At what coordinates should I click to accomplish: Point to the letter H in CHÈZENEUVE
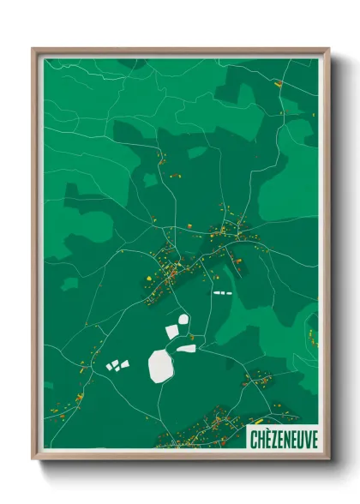coord(261,438)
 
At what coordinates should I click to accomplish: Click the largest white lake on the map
coord(160,365)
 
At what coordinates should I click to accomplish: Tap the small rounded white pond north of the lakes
coord(183,320)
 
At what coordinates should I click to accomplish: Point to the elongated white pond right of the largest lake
coord(186,348)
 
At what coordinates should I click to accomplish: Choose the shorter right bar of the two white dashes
coord(228,293)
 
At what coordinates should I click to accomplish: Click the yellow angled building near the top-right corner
coord(278,84)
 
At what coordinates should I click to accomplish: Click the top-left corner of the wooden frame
coord(33,49)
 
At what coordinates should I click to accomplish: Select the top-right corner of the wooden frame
coord(328,49)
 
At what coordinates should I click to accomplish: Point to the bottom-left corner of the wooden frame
coord(33,459)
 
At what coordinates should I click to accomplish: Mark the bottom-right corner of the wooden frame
coord(328,459)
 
